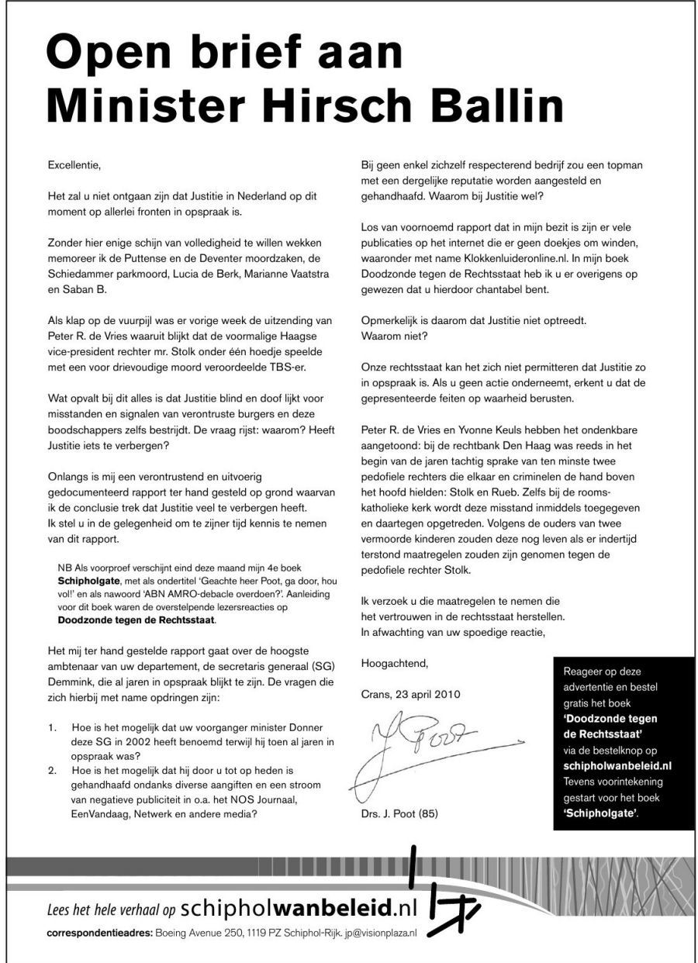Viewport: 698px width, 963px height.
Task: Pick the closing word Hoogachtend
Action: tap(394, 662)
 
